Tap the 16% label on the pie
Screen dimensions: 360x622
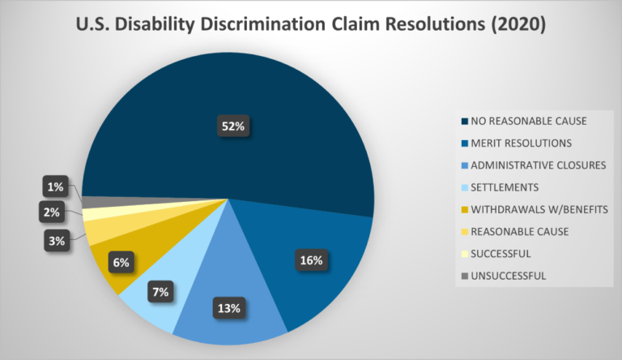(x=311, y=261)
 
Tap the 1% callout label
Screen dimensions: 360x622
(x=56, y=187)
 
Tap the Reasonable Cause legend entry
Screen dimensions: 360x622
(x=519, y=231)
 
